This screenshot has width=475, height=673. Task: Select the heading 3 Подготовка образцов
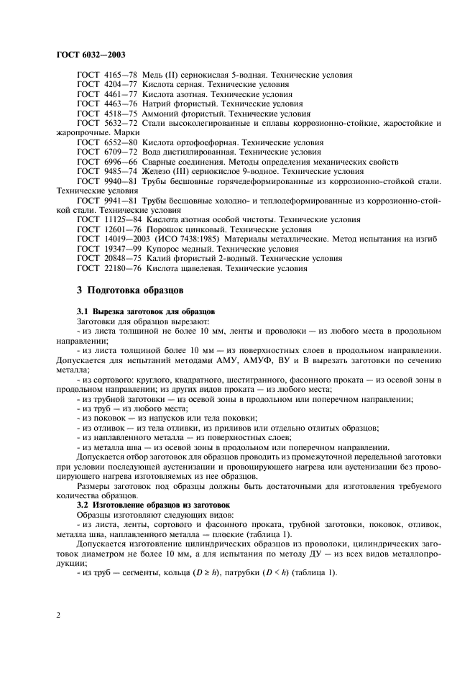click(x=130, y=291)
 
